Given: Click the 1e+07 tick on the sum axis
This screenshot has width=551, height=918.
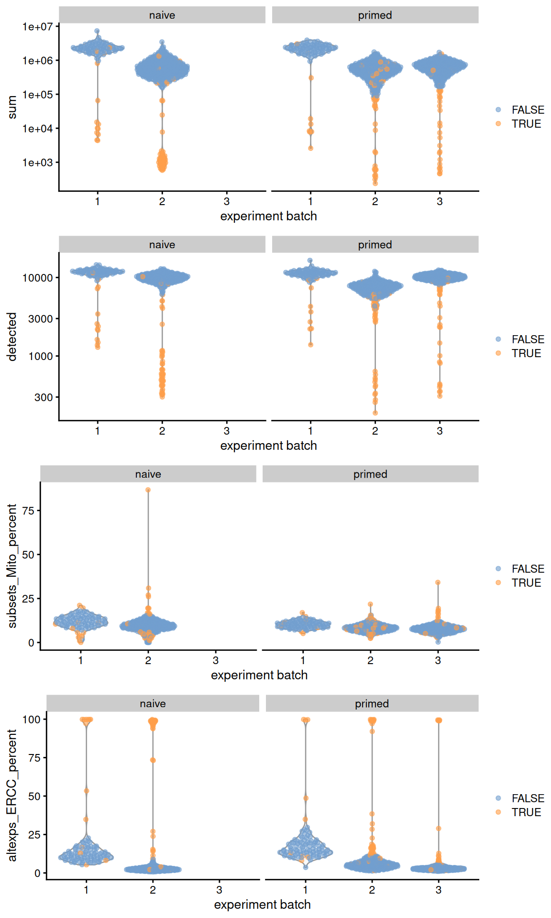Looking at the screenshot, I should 37,27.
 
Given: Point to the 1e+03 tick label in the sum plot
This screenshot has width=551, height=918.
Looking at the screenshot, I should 37,163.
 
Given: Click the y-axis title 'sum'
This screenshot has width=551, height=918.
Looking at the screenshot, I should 12,107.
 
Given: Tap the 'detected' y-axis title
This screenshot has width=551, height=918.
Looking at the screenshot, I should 12,337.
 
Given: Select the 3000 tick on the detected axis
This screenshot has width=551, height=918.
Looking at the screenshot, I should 40,319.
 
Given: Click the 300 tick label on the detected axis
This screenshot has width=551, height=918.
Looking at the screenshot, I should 43,397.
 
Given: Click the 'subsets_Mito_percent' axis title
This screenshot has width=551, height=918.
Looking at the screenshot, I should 12,566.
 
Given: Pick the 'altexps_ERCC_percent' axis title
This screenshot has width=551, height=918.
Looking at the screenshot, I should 12,795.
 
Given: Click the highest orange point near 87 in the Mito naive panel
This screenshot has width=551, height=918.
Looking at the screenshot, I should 148,490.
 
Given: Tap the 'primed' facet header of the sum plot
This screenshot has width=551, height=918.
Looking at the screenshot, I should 375,15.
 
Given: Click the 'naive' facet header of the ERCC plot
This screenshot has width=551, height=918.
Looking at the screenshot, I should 153,704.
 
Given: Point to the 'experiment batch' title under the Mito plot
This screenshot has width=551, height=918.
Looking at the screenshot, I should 259,675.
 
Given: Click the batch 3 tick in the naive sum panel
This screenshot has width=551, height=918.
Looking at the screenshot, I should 227,201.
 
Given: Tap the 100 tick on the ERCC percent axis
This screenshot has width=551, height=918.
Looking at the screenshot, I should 32,720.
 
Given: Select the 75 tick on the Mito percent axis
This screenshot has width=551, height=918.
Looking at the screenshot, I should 29,511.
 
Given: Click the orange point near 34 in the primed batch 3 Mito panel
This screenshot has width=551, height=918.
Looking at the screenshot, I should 438,583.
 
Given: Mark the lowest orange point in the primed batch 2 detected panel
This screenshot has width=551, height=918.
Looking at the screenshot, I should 375,413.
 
